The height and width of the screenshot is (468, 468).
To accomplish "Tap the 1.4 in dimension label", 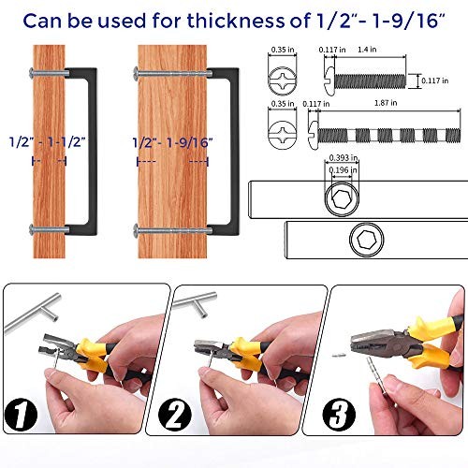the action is [367, 50].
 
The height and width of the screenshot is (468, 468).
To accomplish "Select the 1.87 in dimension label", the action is [386, 103].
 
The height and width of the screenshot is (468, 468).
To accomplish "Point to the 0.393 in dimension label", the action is [344, 158].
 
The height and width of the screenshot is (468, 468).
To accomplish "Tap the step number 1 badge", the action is [21, 415].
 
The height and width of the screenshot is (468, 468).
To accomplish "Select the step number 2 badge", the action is [175, 415].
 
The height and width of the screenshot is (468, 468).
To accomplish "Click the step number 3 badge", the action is [339, 415].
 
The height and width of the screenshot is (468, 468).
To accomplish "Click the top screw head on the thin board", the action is [31, 73].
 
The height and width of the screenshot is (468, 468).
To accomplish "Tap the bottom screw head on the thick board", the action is [136, 231].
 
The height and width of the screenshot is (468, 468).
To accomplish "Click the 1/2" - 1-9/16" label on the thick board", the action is [172, 143].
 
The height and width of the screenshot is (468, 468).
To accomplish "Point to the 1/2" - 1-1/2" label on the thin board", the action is [47, 142].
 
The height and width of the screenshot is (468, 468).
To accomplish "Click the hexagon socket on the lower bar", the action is [367, 240].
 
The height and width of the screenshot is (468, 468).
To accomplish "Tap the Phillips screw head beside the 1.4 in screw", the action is [283, 80].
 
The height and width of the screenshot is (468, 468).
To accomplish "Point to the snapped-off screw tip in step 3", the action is [338, 355].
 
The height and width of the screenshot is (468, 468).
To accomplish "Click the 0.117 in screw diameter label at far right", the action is [435, 80].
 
